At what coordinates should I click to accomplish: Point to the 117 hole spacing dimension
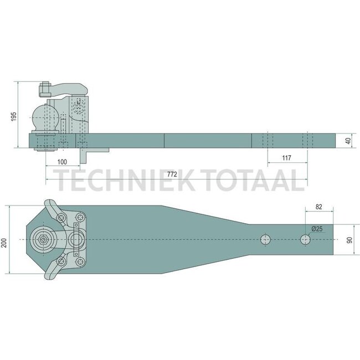(286, 158)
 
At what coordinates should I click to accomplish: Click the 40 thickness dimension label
(348, 141)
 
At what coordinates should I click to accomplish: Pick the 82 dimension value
(318, 206)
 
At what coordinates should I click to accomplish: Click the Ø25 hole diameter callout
(317, 229)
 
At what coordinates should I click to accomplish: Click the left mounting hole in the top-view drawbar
(266, 240)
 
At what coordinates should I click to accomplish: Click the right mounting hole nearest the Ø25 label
(305, 240)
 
